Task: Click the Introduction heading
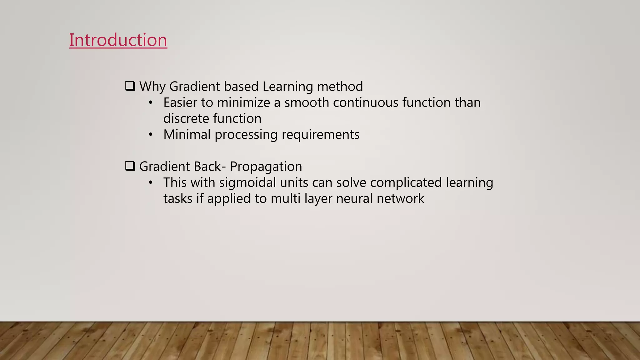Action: pyautogui.click(x=118, y=40)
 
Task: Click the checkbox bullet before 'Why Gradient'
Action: pyautogui.click(x=130, y=86)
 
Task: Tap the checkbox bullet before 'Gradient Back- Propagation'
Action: pyautogui.click(x=130, y=166)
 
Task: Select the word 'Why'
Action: pyautogui.click(x=152, y=87)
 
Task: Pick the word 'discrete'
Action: pyautogui.click(x=186, y=118)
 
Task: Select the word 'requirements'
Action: pyautogui.click(x=321, y=135)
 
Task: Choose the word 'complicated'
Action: pyautogui.click(x=406, y=182)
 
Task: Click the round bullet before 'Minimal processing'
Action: pyautogui.click(x=151, y=135)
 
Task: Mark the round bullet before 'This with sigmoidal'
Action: pyautogui.click(x=151, y=182)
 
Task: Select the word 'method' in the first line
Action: pyautogui.click(x=340, y=87)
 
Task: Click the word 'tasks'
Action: pyautogui.click(x=178, y=198)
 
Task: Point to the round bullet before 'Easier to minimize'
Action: pyautogui.click(x=151, y=102)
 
